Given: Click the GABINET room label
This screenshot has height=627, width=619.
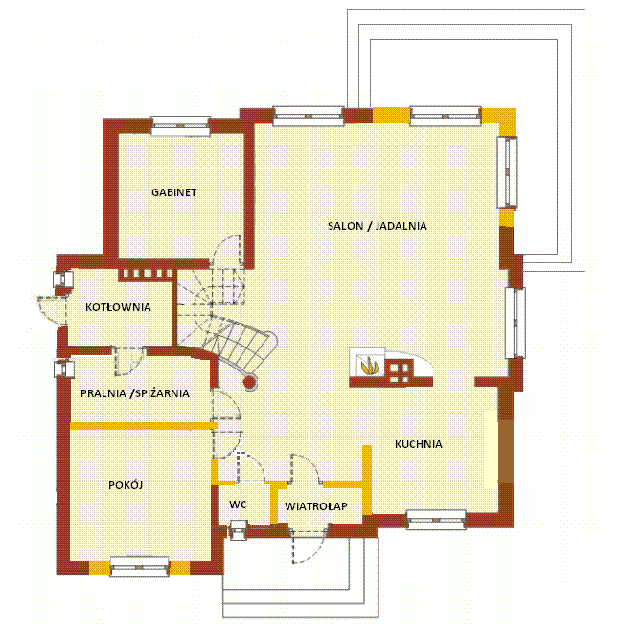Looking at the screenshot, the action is tap(173, 192).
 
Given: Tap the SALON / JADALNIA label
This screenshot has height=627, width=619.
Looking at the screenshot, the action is tap(378, 226).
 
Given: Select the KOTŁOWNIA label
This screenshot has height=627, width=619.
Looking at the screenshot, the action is tap(118, 307).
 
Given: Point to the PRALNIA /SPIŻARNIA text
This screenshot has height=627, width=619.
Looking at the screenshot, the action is tap(135, 393).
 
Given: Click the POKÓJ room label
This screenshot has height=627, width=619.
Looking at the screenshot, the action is tap(126, 485).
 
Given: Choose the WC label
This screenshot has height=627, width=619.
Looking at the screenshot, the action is tap(238, 504).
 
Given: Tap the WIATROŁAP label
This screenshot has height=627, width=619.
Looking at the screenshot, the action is tap(316, 506).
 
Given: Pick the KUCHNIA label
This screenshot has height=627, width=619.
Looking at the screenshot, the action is tap(419, 444).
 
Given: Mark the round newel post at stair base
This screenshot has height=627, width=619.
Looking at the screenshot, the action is tap(251, 382).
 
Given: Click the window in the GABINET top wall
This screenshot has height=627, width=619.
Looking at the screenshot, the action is tap(180, 126).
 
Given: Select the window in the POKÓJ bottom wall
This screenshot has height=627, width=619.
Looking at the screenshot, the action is tap(139, 567).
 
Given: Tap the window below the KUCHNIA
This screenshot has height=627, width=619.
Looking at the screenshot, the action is tap(436, 520).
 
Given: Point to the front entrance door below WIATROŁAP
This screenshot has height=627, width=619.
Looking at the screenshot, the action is tap(309, 547).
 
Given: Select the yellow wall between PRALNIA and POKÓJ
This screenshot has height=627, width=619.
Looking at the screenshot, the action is tap(144, 426).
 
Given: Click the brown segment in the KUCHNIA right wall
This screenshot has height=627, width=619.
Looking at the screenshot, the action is tap(506, 452).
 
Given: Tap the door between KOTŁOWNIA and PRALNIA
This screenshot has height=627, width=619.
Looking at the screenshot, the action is tap(129, 360).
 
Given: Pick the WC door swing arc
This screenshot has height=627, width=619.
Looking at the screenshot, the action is tap(251, 466).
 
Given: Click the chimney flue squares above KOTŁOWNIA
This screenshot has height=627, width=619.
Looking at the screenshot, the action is tap(147, 274).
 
